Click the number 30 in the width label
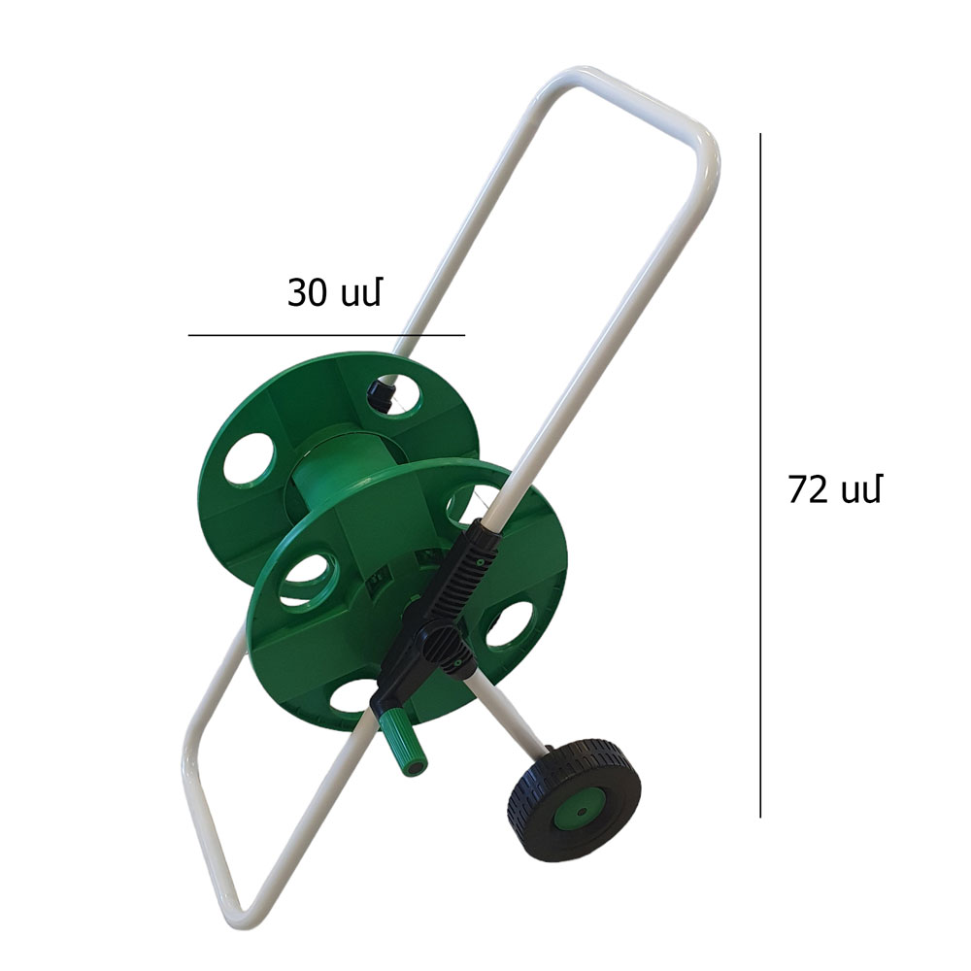click(307, 292)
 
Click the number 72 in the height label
click(808, 489)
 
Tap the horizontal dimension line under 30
click(326, 335)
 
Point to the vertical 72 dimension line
click(760, 475)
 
